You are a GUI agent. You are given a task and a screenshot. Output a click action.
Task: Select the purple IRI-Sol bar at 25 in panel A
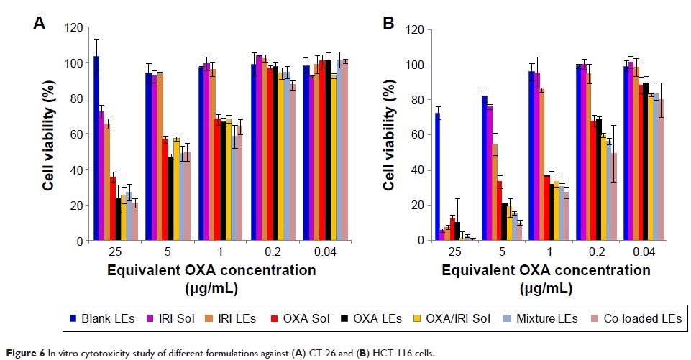pyautogui.click(x=102, y=176)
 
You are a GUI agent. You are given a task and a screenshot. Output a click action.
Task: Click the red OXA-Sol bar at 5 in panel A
pyautogui.click(x=165, y=190)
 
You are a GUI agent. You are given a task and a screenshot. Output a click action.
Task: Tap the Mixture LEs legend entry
pyautogui.click(x=545, y=318)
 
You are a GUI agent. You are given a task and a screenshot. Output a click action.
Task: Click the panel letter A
pyautogui.click(x=40, y=24)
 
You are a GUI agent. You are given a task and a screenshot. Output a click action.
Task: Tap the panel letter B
pyautogui.click(x=389, y=24)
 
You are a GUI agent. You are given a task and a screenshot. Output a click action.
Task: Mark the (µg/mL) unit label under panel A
pyautogui.click(x=212, y=288)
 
